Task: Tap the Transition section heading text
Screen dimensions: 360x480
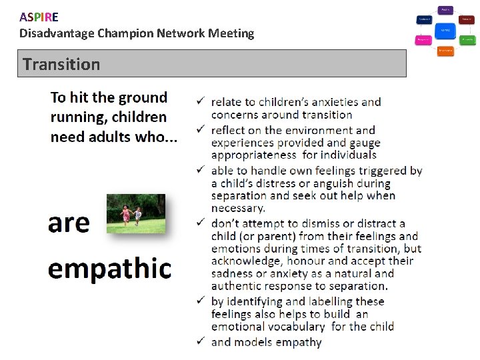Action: (61, 65)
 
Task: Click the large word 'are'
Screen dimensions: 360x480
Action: (69, 222)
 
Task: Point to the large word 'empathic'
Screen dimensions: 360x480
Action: (109, 268)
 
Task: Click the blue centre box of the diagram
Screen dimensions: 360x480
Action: (445, 30)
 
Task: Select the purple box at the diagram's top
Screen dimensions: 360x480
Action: (445, 10)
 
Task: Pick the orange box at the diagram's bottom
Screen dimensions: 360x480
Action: (445, 51)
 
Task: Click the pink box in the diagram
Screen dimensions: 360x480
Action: (423, 40)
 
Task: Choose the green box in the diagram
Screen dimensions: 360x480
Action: (467, 40)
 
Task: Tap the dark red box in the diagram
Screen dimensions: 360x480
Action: (467, 20)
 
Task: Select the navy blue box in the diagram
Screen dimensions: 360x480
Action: (424, 20)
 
